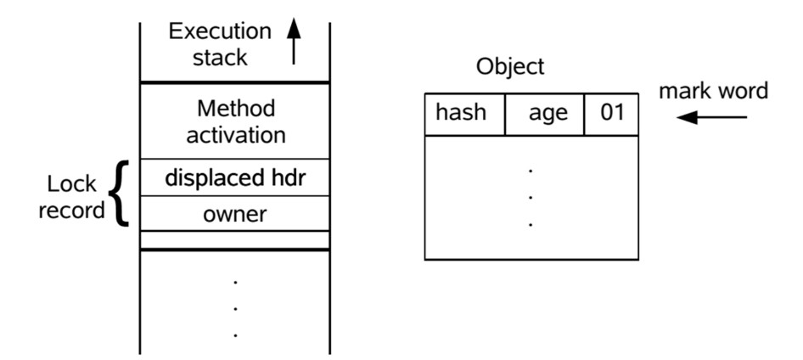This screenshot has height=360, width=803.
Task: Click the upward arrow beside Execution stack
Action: (x=294, y=42)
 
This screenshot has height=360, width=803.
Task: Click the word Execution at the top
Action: (x=220, y=31)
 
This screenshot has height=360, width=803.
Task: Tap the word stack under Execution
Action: (x=220, y=58)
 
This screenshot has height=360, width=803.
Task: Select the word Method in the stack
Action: (x=235, y=110)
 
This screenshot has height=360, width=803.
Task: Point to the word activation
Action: (x=235, y=135)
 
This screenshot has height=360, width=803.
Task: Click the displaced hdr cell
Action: (x=235, y=177)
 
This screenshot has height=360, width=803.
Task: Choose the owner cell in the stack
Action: (x=235, y=214)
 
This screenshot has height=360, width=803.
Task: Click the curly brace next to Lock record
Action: (x=121, y=194)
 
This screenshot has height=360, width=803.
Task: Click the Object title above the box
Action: (x=510, y=68)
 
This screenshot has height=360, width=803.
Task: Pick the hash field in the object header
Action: (x=461, y=114)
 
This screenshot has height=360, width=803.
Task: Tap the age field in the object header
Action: (x=547, y=114)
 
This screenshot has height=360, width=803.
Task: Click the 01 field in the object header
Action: (x=612, y=114)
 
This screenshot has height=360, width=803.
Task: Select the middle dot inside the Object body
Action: (x=531, y=198)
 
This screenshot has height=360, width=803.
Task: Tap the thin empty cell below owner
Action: (x=235, y=239)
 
